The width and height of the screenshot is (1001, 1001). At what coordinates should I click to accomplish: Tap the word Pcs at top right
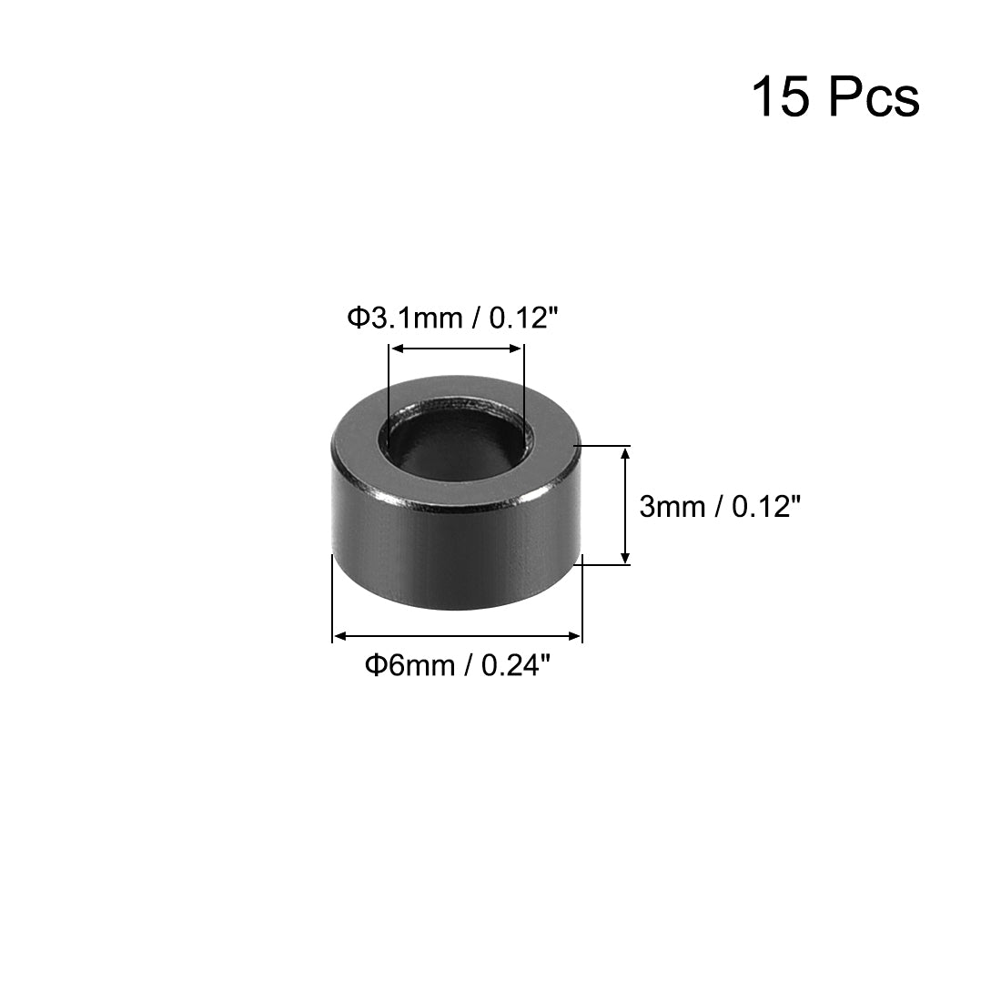pyautogui.click(x=875, y=97)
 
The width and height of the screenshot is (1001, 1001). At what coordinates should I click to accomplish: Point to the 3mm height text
pyautogui.click(x=672, y=507)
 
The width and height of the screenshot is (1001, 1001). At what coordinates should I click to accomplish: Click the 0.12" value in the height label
pyautogui.click(x=766, y=507)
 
